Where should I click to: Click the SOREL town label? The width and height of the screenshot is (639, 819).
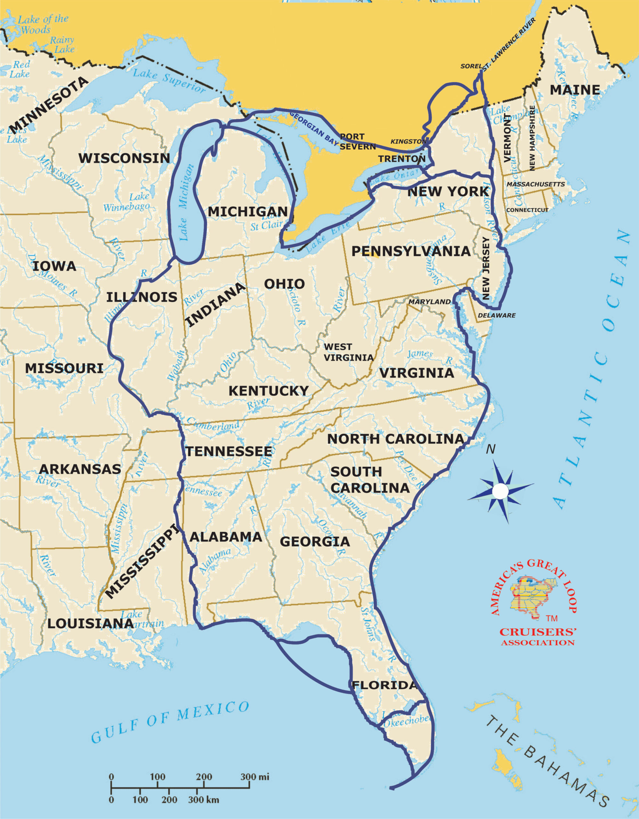coord(471,66)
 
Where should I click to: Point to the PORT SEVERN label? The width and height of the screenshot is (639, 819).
coord(357,141)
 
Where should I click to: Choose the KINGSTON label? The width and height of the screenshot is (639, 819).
coord(408,141)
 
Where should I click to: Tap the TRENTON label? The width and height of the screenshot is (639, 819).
coord(401,159)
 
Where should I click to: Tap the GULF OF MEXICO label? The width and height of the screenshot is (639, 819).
coord(170,721)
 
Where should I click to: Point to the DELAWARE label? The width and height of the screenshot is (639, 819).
coord(497,315)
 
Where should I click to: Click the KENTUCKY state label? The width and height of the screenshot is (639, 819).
coord(269,391)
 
